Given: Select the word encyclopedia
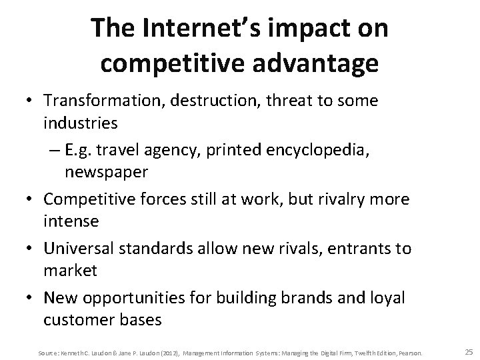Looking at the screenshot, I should [331, 150].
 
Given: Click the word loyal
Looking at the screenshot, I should [387, 297].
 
